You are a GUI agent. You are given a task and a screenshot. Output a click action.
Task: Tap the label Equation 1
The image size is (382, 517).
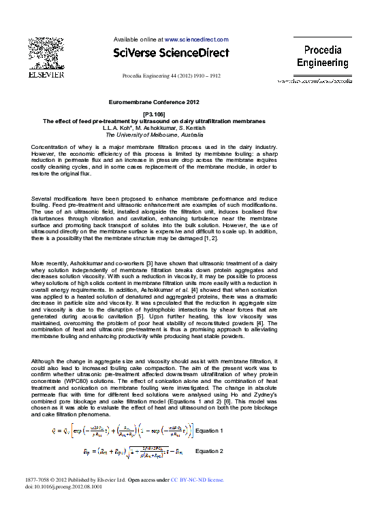[208, 431]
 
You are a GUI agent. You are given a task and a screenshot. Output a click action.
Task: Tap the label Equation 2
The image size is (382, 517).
[208, 451]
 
